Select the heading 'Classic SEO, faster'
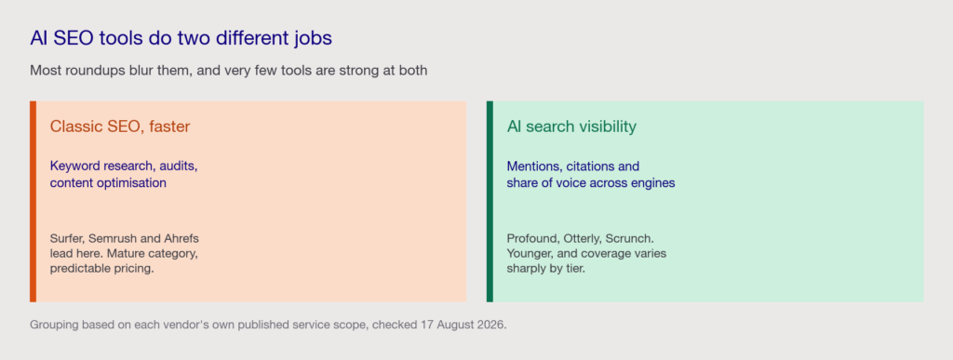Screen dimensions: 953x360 click(120, 127)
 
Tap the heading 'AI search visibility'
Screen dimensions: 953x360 click(571, 127)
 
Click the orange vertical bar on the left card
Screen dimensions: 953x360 click(33, 202)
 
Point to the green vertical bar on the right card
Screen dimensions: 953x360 click(490, 202)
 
